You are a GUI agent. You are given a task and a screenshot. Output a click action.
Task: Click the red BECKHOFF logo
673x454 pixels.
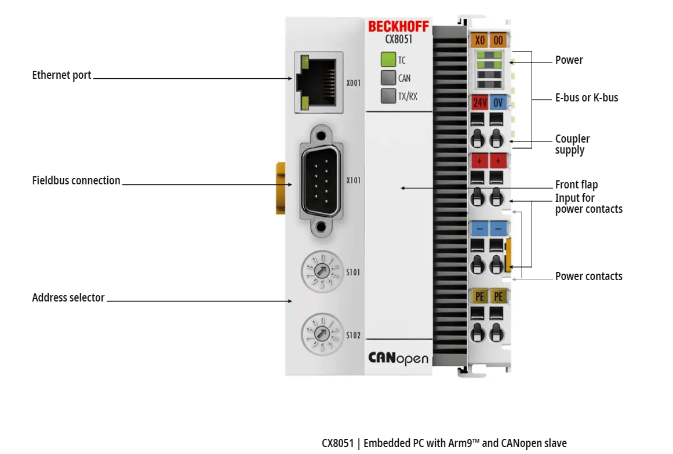398,27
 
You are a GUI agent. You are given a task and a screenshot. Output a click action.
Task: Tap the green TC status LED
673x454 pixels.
388,60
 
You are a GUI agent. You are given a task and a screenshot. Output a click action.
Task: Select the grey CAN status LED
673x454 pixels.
388,78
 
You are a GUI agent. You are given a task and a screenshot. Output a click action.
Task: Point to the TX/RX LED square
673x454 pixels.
388,96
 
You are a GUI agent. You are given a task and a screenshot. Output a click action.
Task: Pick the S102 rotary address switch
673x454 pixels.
320,335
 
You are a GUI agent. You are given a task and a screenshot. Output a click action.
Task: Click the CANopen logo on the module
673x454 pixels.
398,358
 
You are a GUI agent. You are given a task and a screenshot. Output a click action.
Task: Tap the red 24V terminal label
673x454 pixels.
479,103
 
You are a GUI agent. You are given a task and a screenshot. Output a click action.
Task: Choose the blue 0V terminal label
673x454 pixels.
497,103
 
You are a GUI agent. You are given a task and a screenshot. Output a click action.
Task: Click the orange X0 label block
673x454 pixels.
479,41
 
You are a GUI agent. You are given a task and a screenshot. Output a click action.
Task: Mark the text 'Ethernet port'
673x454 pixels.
61,75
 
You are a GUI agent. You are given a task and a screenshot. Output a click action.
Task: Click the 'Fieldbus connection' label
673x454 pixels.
76,180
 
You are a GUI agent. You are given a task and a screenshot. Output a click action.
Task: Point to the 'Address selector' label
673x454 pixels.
68,297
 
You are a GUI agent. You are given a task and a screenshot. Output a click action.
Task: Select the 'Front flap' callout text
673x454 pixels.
576,184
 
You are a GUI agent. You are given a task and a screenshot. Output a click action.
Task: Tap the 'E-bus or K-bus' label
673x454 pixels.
587,97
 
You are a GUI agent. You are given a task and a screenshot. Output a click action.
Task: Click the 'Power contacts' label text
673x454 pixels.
588,276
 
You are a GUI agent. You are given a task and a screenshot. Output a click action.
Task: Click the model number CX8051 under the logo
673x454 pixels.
398,39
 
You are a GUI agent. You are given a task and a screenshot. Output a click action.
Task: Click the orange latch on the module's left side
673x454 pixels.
281,188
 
